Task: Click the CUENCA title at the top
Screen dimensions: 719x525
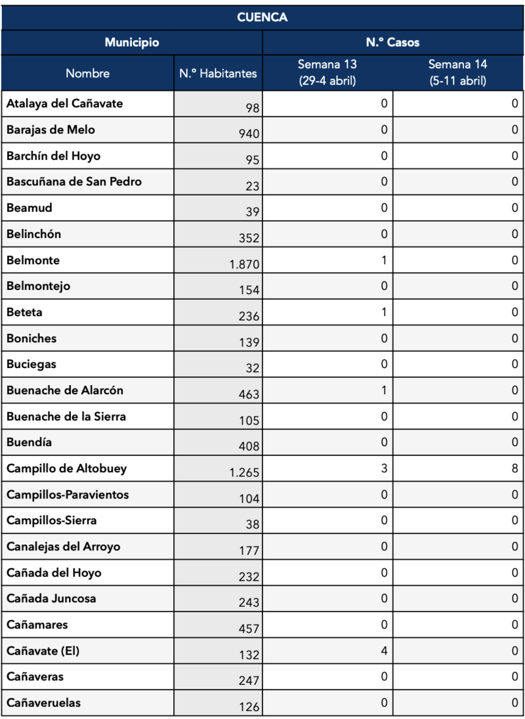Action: pyautogui.click(x=262, y=17)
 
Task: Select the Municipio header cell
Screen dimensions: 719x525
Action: pyautogui.click(x=132, y=43)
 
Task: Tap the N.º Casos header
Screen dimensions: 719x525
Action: pyautogui.click(x=392, y=43)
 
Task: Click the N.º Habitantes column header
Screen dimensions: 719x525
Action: pyautogui.click(x=218, y=73)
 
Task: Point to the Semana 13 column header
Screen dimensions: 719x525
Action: pyautogui.click(x=327, y=73)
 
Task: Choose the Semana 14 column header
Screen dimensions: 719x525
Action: pyautogui.click(x=457, y=73)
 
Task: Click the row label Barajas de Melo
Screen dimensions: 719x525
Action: pyautogui.click(x=51, y=130)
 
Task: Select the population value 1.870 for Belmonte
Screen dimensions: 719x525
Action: pyautogui.click(x=245, y=264)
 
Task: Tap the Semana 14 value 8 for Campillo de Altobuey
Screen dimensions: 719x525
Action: pyautogui.click(x=514, y=468)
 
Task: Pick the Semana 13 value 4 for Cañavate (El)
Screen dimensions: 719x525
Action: pyautogui.click(x=384, y=650)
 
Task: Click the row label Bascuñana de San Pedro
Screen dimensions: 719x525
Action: pyautogui.click(x=73, y=182)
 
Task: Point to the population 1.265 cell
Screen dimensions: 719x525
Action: pyautogui.click(x=245, y=472)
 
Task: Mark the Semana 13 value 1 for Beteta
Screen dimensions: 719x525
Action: pyautogui.click(x=384, y=312)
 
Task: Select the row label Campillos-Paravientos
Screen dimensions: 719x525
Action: pyautogui.click(x=68, y=495)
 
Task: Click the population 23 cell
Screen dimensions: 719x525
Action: pyautogui.click(x=252, y=186)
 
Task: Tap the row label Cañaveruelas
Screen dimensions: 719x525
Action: pyautogui.click(x=44, y=703)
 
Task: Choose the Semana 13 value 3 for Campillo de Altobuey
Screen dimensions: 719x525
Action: pyautogui.click(x=384, y=468)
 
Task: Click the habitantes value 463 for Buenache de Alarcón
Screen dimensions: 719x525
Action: pyautogui.click(x=249, y=394)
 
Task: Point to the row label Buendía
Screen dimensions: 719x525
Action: pyautogui.click(x=29, y=442)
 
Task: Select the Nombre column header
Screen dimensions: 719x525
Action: pyautogui.click(x=87, y=73)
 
